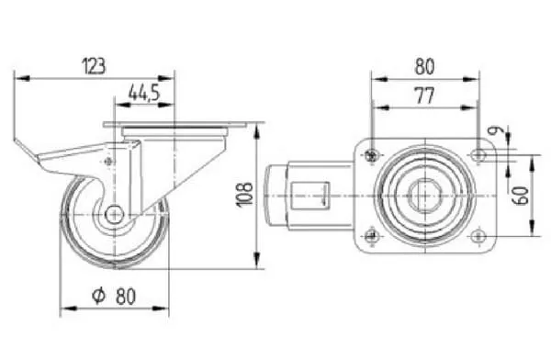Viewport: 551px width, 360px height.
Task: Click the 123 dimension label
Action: click(x=94, y=66)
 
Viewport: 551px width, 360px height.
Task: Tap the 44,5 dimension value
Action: click(x=144, y=93)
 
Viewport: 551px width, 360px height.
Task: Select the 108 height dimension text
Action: click(x=245, y=195)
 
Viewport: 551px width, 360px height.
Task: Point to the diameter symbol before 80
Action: click(x=99, y=296)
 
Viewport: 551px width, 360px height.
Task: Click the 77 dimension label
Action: click(x=425, y=96)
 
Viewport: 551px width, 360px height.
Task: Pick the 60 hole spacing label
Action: click(x=521, y=196)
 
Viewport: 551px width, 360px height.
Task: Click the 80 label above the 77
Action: click(x=425, y=67)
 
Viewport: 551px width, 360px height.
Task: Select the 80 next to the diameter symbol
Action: click(x=126, y=297)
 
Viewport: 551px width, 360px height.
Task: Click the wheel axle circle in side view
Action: click(x=114, y=214)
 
